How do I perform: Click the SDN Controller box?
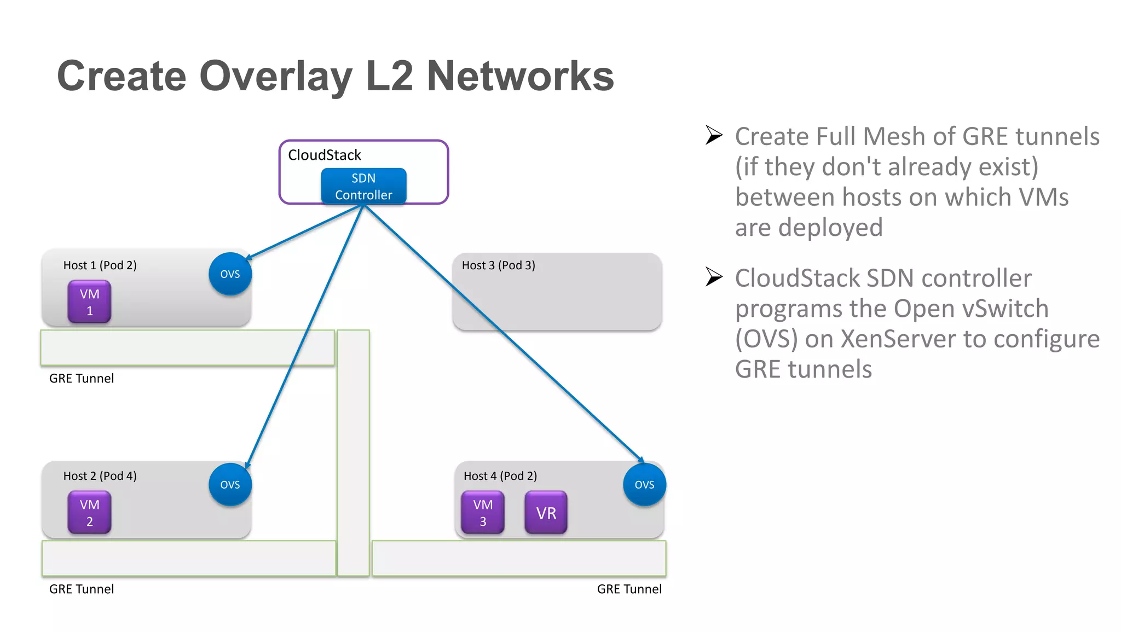363,187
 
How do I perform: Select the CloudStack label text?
324,155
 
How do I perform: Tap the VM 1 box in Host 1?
89,301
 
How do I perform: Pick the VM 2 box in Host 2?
89,512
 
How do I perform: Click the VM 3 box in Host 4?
482,512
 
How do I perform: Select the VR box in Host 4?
546,512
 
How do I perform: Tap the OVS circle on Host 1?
230,274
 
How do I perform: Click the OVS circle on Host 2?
230,484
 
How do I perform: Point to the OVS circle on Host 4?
644,484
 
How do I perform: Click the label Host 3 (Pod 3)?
498,265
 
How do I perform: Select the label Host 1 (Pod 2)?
100,265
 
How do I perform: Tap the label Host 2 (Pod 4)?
100,476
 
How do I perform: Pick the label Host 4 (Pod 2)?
500,476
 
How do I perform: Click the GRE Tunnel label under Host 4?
629,589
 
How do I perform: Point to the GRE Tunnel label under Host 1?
82,379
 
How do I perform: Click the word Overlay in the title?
276,77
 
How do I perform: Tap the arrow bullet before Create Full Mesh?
714,135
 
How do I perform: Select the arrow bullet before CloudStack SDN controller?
714,277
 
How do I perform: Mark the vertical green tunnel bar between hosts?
353,454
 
